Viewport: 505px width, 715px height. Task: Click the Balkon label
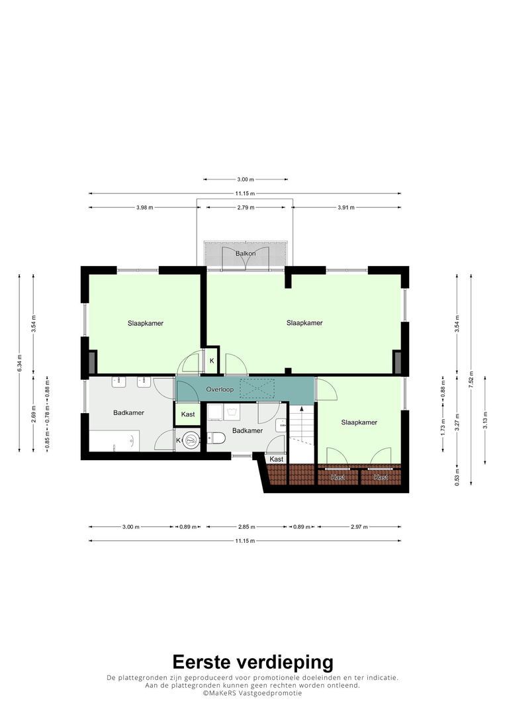click(x=245, y=254)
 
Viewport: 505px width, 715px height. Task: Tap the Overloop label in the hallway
click(x=218, y=389)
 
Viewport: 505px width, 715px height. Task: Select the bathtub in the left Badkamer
click(x=115, y=440)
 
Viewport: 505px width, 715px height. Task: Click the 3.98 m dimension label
click(x=144, y=207)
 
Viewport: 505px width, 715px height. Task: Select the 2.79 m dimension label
click(x=245, y=207)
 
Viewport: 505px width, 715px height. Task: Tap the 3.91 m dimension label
click(x=345, y=207)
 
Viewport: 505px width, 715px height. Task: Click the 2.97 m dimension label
click(x=359, y=527)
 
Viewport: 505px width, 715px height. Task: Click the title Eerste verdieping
click(x=253, y=662)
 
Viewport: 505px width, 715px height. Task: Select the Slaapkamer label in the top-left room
click(x=146, y=324)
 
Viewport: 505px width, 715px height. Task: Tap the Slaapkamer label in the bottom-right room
click(x=359, y=422)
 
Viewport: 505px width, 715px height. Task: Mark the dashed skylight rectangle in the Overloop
click(x=257, y=389)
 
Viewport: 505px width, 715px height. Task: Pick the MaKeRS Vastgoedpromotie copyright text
click(x=252, y=693)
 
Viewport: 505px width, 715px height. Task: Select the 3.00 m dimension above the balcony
click(x=245, y=179)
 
